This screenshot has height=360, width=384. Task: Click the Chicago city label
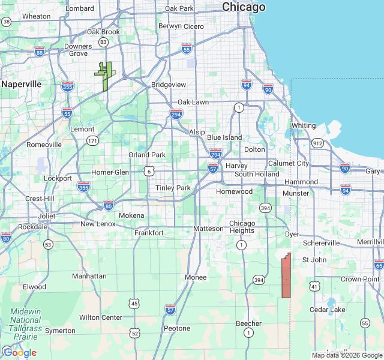[x=244, y=7]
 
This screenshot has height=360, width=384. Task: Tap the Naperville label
[x=21, y=85]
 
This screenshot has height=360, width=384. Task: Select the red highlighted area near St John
[x=286, y=277]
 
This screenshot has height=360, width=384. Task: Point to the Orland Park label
[x=147, y=155]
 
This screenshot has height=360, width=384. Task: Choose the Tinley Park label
[x=173, y=188]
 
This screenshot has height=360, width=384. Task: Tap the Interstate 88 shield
[x=40, y=52]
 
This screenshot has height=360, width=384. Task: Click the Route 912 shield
[x=317, y=143]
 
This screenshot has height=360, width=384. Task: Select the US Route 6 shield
[x=148, y=172]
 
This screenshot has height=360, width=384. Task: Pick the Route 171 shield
[x=92, y=140]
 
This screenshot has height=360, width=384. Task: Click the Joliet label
[x=47, y=216]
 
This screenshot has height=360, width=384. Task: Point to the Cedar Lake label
[x=327, y=310]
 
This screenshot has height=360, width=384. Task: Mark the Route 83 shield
[x=104, y=42]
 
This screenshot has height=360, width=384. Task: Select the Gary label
[x=372, y=171]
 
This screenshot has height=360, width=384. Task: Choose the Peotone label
[x=177, y=328]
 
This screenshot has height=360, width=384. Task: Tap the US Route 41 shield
[x=314, y=287]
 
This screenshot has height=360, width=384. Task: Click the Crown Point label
[x=360, y=279]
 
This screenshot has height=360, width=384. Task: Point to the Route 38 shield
[x=7, y=22]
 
